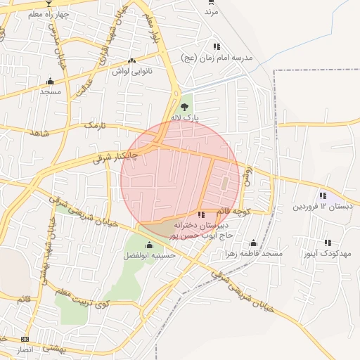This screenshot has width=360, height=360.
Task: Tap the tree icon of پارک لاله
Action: [x=184, y=108]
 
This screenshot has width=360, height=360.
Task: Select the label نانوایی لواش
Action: [x=131, y=71]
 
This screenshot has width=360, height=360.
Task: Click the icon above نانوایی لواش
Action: [x=132, y=60]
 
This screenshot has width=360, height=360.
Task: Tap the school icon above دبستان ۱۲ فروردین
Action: [x=323, y=195]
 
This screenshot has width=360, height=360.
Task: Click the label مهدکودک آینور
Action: [x=326, y=253]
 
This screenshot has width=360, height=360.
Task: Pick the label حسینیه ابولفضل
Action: [x=149, y=256]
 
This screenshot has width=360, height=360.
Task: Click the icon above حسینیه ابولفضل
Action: [x=149, y=245]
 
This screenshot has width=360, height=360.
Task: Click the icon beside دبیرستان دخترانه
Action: [x=201, y=214]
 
